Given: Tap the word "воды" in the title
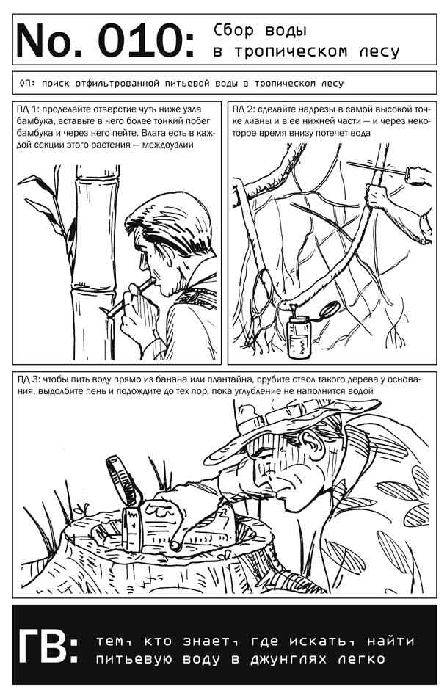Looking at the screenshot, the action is pyautogui.click(x=286, y=31).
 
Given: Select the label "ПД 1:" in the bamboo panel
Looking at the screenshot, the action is pyautogui.click(x=29, y=109).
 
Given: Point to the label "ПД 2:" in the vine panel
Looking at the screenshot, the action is pyautogui.click(x=243, y=109).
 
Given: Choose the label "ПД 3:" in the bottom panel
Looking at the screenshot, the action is pyautogui.click(x=29, y=379).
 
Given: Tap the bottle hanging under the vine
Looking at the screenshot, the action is pyautogui.click(x=299, y=335).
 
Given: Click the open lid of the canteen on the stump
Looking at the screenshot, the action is pyautogui.click(x=123, y=479).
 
